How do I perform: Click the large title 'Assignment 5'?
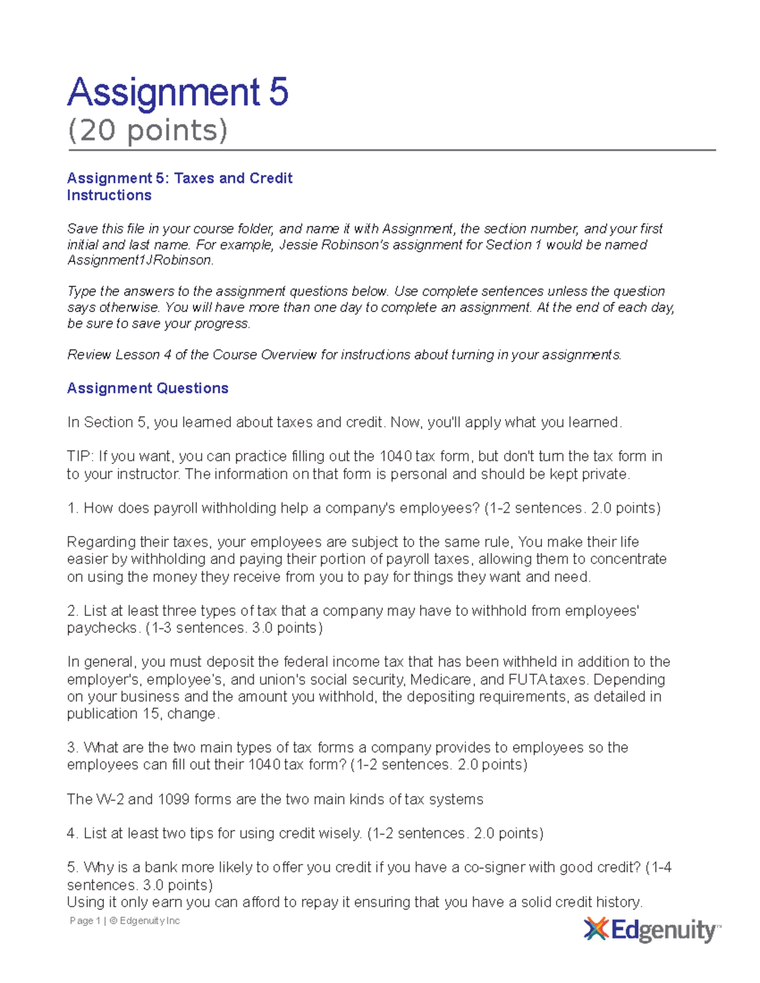[x=178, y=92]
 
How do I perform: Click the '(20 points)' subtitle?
[x=148, y=130]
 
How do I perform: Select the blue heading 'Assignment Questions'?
[x=148, y=388]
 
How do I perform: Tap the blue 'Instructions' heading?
[x=109, y=196]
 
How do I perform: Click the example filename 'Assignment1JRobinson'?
[x=139, y=260]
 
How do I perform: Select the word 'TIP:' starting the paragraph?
[x=80, y=456]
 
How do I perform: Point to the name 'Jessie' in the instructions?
[x=300, y=245]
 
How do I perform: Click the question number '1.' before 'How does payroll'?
[x=72, y=508]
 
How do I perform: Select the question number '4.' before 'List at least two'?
[x=72, y=834]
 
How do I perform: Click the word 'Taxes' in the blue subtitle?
[x=194, y=178]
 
